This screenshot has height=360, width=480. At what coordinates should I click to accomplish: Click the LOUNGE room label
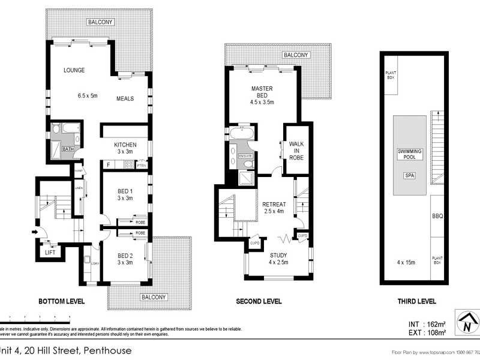coord(74,70)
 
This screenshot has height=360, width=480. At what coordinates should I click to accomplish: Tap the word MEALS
coord(125,99)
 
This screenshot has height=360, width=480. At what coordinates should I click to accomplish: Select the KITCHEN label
coord(125,145)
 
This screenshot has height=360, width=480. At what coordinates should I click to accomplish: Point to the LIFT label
coord(51,253)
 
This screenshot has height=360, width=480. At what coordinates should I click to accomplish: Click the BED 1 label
coord(125,193)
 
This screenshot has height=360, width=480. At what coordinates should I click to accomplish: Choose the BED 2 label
coord(125,255)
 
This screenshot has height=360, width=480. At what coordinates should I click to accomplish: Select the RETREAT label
coord(274,205)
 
